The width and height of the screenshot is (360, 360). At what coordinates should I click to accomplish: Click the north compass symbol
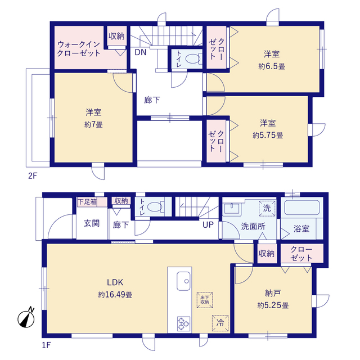(26, 318)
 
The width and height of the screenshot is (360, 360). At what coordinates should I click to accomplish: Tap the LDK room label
(115, 282)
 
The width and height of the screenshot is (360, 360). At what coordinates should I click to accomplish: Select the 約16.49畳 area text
(115, 295)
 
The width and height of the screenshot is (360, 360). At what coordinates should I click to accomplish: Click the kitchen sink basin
(183, 281)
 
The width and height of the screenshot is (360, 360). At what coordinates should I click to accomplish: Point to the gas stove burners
(183, 324)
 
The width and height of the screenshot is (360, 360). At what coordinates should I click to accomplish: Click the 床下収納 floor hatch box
(205, 300)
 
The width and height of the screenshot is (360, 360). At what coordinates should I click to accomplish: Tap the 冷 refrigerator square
(220, 323)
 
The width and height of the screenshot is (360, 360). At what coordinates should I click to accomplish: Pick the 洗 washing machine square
(267, 209)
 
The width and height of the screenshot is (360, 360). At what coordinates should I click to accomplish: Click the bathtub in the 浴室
(301, 208)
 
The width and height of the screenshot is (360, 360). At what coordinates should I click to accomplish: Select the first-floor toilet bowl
(155, 207)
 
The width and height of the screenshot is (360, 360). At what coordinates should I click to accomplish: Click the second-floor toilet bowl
(193, 58)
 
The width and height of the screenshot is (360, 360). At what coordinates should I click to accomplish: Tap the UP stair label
(208, 225)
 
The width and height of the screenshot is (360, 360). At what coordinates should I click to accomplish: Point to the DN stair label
(141, 52)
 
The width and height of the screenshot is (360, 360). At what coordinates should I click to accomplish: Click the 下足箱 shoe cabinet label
(87, 202)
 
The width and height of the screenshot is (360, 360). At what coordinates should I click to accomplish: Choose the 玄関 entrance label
(92, 223)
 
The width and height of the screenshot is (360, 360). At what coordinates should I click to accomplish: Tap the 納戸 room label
(273, 293)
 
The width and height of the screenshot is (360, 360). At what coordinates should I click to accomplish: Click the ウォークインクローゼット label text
(79, 49)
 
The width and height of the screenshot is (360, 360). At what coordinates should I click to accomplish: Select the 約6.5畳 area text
(272, 66)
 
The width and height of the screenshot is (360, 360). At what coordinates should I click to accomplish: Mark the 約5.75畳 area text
(268, 136)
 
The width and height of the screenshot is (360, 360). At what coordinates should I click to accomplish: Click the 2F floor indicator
(33, 176)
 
